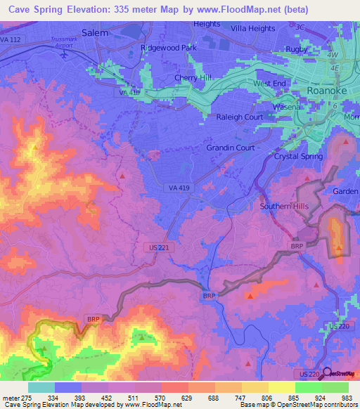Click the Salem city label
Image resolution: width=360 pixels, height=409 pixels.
tap(95, 32)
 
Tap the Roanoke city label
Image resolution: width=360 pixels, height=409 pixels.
tap(328, 91)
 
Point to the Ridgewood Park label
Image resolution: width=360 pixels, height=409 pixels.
tap(169, 48)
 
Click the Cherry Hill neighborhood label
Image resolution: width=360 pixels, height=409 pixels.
tap(193, 78)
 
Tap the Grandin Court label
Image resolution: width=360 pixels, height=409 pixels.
tap(230, 148)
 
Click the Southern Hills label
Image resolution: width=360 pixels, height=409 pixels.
tap(283, 206)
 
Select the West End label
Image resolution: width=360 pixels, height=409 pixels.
tap(270, 84)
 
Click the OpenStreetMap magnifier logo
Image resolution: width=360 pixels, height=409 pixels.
tap(326, 373)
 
